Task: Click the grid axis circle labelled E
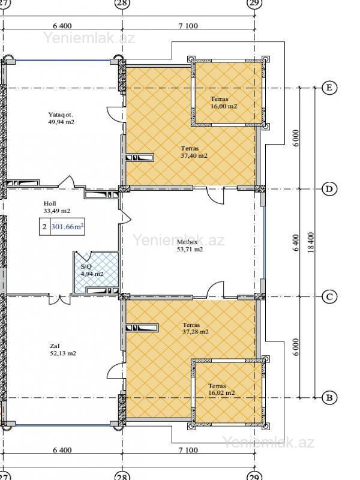(329, 88)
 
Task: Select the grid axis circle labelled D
(329, 189)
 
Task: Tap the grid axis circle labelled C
(329, 296)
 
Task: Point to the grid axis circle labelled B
(329, 398)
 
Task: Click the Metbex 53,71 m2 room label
(190, 245)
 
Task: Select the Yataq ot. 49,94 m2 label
(61, 118)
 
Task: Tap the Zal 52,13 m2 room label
(63, 350)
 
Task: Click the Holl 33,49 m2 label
(56, 207)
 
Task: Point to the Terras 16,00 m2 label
(224, 103)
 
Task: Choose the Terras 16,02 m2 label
(221, 389)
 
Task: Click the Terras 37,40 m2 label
(194, 152)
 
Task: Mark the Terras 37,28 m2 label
(196, 328)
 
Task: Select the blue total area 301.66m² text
(68, 227)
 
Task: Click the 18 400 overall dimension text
(311, 242)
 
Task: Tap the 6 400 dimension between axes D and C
(296, 243)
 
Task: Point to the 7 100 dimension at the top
(188, 26)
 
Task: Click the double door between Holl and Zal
(60, 299)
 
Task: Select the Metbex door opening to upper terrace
(215, 195)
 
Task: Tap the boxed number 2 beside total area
(44, 227)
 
